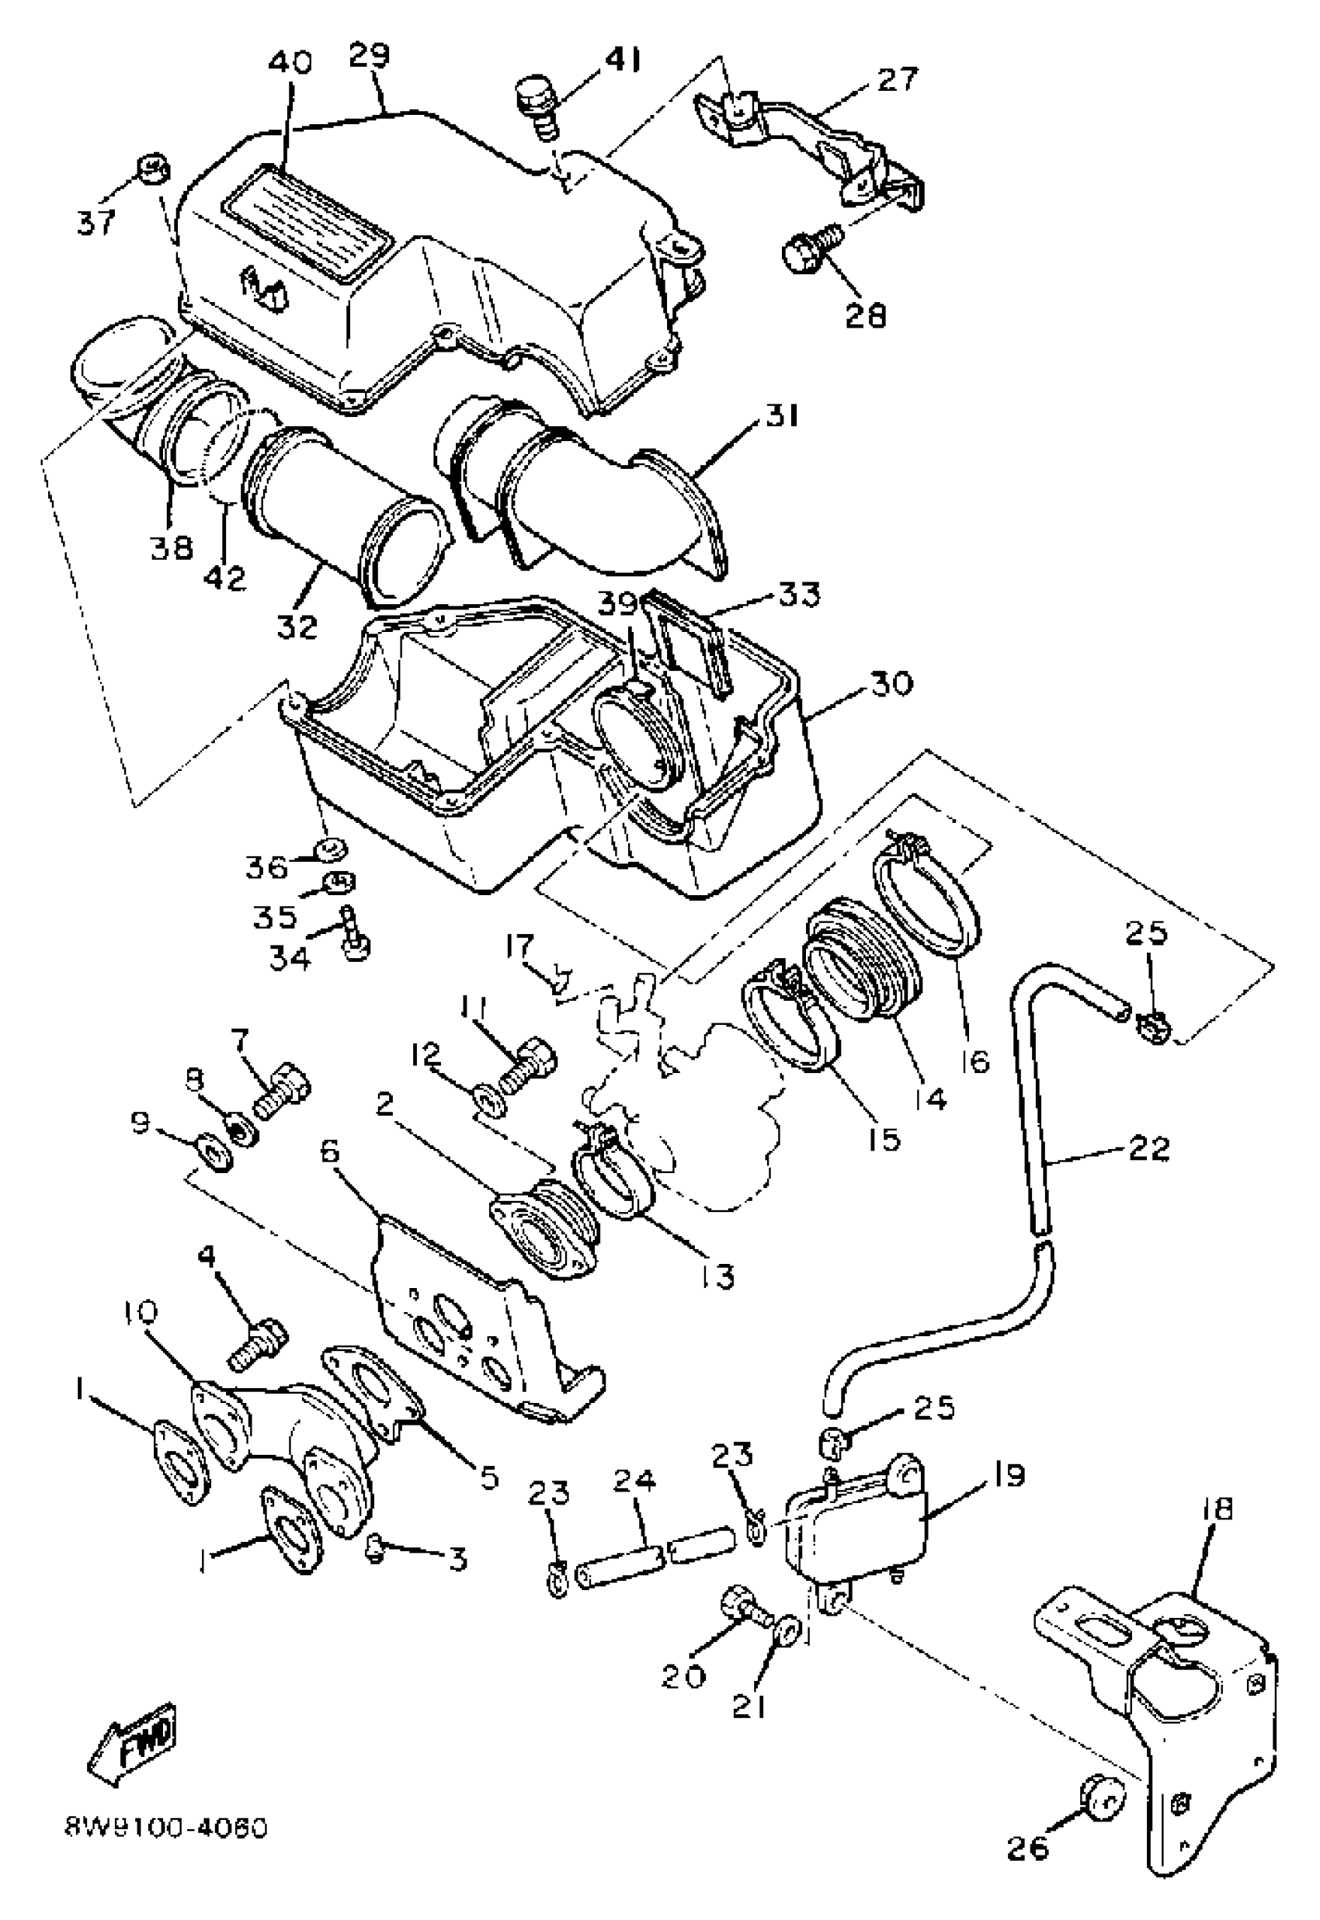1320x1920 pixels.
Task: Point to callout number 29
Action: (x=368, y=55)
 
